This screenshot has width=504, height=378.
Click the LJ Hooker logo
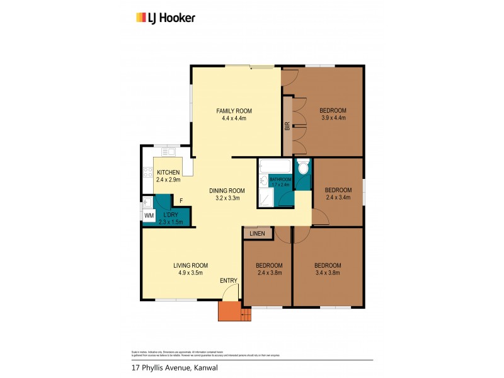(x=166, y=18)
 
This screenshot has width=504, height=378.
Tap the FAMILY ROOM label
(x=234, y=111)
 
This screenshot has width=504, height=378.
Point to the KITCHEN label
(x=168, y=173)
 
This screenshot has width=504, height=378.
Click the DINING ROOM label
(x=227, y=191)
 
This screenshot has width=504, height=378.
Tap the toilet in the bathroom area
(x=302, y=168)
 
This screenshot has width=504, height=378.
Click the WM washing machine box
(x=149, y=215)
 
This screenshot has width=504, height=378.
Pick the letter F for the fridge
(x=181, y=201)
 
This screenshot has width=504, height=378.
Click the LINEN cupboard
(x=257, y=234)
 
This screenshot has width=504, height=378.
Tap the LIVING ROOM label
(x=190, y=265)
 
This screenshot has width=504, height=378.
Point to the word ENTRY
(x=228, y=280)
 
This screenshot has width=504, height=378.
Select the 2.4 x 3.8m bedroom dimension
(x=269, y=273)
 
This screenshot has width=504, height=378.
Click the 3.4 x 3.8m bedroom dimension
(x=328, y=273)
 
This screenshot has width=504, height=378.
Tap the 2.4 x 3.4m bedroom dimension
(x=337, y=198)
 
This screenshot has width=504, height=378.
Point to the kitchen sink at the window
(x=168, y=152)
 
